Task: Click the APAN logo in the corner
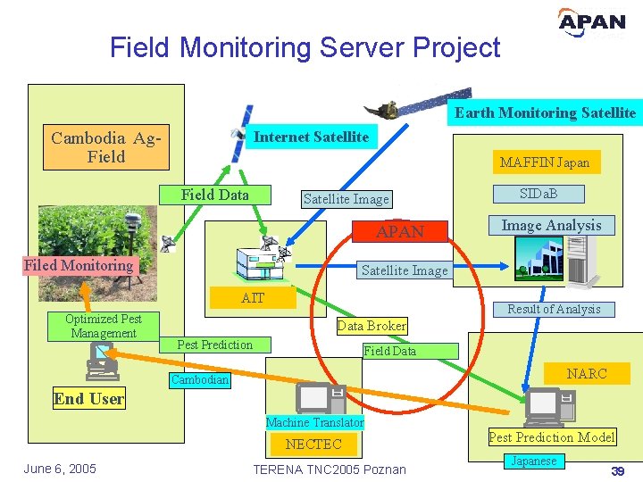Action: pos(591,22)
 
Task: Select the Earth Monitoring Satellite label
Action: pos(545,112)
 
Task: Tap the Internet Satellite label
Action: pos(311,137)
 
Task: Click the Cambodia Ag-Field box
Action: pos(106,147)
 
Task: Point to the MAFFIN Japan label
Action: pos(545,162)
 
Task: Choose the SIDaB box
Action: pos(539,194)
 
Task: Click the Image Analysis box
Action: pos(551,226)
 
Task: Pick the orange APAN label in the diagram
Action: pos(399,232)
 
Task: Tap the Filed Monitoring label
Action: pos(79,265)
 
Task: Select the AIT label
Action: pos(253,298)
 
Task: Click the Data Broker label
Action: pos(372,326)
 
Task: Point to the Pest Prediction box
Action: pos(214,345)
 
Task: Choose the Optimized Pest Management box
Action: pos(104,326)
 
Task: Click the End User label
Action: pos(88,399)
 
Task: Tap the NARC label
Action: pos(586,374)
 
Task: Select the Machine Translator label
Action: pos(315,422)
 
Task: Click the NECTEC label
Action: pos(313,444)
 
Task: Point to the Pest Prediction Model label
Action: pos(551,437)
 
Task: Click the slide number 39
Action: pos(616,470)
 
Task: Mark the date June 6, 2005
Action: pos(60,470)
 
